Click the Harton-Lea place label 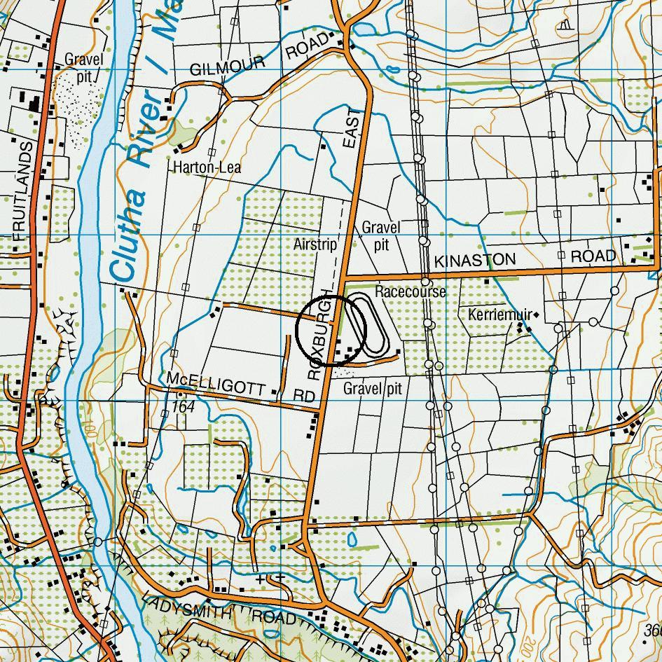[x=207, y=167]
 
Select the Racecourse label [x=410, y=291]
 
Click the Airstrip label [x=315, y=244]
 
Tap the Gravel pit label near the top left [x=84, y=67]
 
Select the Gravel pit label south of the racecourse [x=372, y=388]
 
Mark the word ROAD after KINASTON [x=593, y=256]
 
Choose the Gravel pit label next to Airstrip [x=381, y=236]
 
